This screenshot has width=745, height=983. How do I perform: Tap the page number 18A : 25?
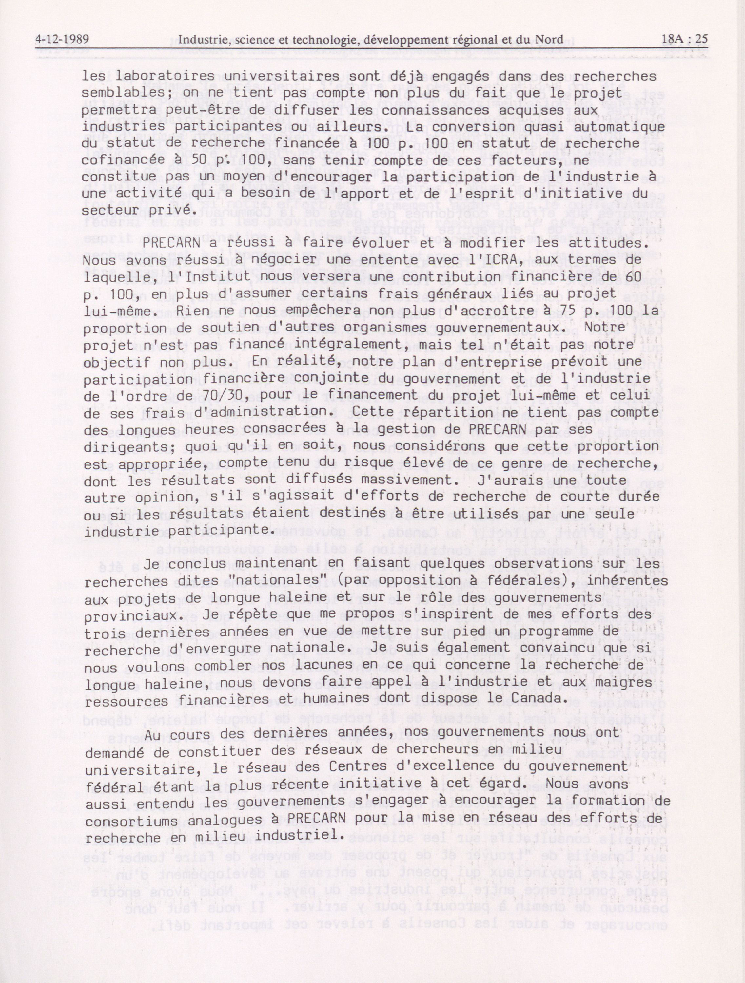click(684, 39)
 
